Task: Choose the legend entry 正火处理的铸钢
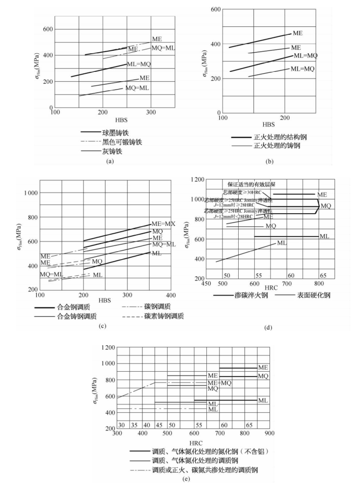277,146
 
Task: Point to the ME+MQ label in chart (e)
220,383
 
